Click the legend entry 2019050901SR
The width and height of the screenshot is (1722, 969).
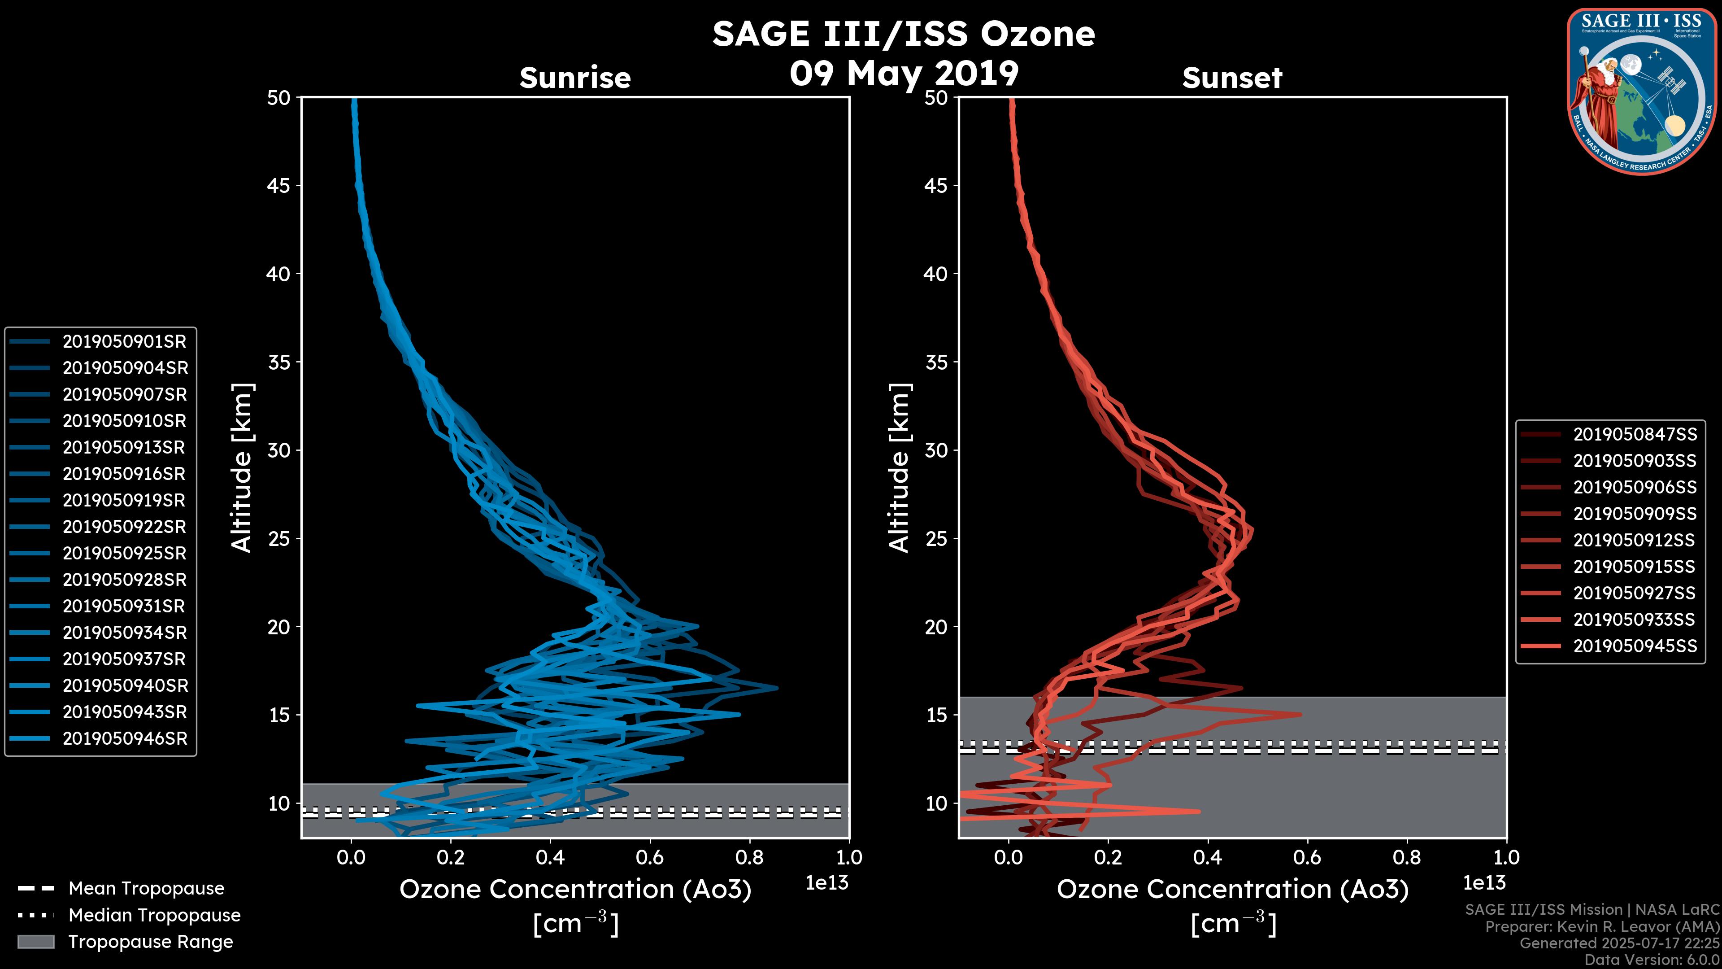pyautogui.click(x=124, y=342)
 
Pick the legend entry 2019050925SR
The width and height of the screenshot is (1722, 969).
pyautogui.click(x=124, y=554)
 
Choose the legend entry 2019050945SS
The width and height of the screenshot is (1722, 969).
pyautogui.click(x=1635, y=646)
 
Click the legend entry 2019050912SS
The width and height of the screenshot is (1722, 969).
pyautogui.click(x=1635, y=540)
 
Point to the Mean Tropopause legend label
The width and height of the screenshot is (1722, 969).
pyautogui.click(x=146, y=889)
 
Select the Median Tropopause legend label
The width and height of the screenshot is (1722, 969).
pyautogui.click(x=154, y=916)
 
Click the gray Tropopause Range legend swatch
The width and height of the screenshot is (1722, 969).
pyautogui.click(x=35, y=942)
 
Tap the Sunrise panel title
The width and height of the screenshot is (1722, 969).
pyautogui.click(x=575, y=78)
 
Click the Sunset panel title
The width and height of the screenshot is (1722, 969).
pyautogui.click(x=1232, y=78)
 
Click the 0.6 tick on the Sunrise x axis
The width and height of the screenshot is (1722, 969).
pyautogui.click(x=650, y=857)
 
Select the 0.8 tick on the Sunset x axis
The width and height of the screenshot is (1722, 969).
pyautogui.click(x=1407, y=857)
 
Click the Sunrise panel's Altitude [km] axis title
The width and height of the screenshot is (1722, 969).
pyautogui.click(x=242, y=468)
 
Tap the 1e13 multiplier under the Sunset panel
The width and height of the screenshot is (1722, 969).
pyautogui.click(x=1484, y=883)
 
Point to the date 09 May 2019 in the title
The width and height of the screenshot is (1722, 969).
pyautogui.click(x=904, y=74)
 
